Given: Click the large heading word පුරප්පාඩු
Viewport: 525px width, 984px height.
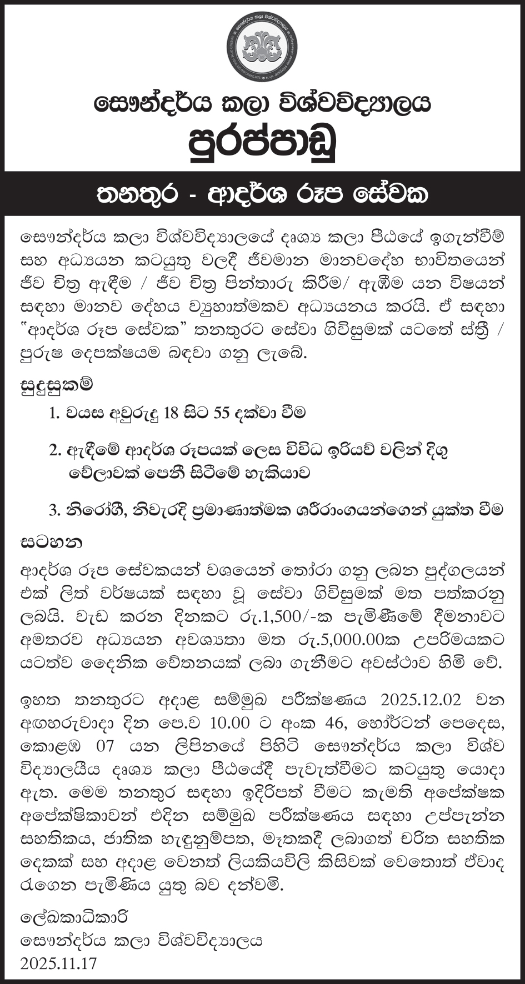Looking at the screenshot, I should point(262,144).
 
